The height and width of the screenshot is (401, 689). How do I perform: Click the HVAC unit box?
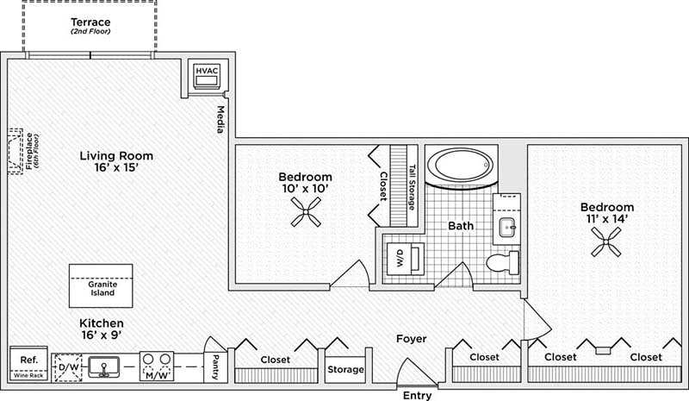pos(206,76)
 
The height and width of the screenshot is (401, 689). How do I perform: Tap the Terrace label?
pos(89,22)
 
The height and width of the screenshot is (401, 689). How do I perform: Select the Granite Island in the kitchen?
pos(102,286)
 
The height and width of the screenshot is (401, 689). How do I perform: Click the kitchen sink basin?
pos(105,367)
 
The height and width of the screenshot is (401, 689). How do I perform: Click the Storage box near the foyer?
pos(345,369)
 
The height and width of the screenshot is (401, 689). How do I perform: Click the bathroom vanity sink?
pos(506,228)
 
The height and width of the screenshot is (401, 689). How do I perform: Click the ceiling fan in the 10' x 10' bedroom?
pos(305,211)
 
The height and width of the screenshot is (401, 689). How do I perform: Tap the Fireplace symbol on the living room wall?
pos(15,152)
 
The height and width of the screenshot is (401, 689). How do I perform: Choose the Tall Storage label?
pos(413,188)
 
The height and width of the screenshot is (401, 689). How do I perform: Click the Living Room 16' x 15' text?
pos(116,161)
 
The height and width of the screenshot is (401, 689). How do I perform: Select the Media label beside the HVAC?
pos(220,119)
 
